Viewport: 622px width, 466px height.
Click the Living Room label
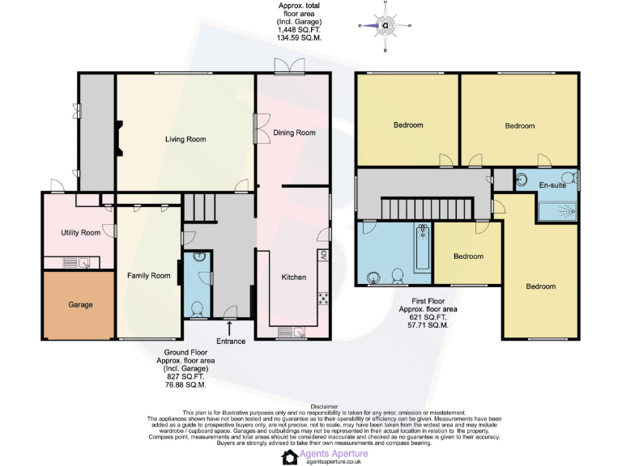click(x=185, y=139)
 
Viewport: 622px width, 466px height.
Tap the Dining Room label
click(x=293, y=133)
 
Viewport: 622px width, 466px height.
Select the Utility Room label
click(x=80, y=233)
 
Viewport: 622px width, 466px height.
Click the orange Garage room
click(x=79, y=305)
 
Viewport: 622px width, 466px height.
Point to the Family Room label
click(x=149, y=276)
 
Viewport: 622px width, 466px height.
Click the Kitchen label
click(x=293, y=277)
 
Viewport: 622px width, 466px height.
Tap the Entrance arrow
click(x=231, y=327)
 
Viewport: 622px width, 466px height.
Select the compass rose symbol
click(x=386, y=24)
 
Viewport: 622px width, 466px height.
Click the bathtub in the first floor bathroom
click(x=422, y=249)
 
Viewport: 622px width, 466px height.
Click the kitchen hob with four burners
click(x=323, y=298)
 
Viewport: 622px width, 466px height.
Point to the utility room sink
click(x=84, y=262)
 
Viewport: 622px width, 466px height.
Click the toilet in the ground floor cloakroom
click(x=198, y=307)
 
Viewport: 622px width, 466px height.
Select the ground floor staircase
click(x=200, y=207)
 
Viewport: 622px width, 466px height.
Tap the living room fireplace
click(x=119, y=138)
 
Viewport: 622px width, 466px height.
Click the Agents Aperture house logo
click(x=290, y=457)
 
